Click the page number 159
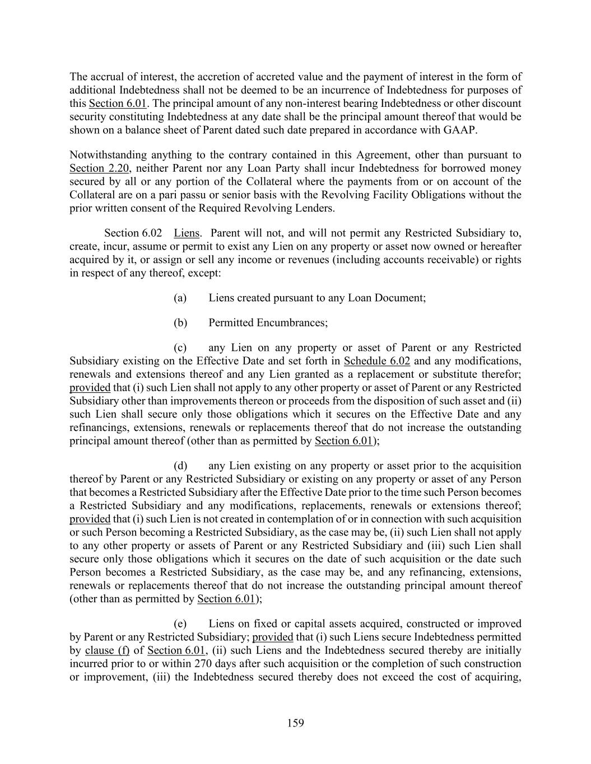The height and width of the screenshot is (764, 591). [295, 723]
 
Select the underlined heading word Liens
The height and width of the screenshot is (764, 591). [187, 233]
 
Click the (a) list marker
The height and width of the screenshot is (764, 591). [180, 298]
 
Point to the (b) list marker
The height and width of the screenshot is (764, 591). [180, 323]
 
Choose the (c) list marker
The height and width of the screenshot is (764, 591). [180, 348]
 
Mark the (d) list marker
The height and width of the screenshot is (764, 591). [180, 466]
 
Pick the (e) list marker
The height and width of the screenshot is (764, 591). [180, 624]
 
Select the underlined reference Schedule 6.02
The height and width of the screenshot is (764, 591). [377, 361]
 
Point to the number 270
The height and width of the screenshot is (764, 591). [203, 664]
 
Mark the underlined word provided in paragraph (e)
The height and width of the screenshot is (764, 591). [273, 637]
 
